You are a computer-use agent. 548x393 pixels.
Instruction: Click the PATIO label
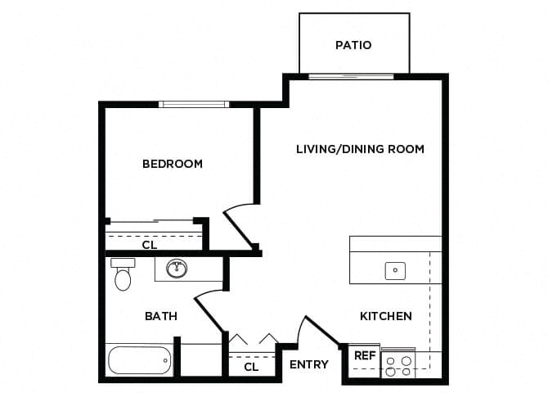353,45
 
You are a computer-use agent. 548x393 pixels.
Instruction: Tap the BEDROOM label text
172,164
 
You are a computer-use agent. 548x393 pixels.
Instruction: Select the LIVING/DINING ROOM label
360,149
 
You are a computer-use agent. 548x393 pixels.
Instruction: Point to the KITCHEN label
385,316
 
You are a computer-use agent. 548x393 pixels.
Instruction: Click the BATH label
161,316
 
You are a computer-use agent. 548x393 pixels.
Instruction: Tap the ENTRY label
309,364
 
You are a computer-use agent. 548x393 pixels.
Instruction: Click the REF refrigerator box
365,356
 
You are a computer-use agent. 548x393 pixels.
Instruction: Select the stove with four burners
398,364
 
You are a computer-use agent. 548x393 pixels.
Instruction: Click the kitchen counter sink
395,269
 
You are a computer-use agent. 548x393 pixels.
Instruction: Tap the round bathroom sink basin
177,268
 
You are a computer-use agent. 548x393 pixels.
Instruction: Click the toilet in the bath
123,276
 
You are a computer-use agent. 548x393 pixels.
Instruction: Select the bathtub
139,359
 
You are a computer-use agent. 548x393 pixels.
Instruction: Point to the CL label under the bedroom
150,244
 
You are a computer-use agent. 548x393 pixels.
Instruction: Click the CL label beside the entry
251,367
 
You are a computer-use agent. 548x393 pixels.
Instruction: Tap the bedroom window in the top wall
194,104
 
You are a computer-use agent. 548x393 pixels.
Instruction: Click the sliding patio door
351,76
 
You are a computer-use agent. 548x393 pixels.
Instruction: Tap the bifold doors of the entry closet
254,339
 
